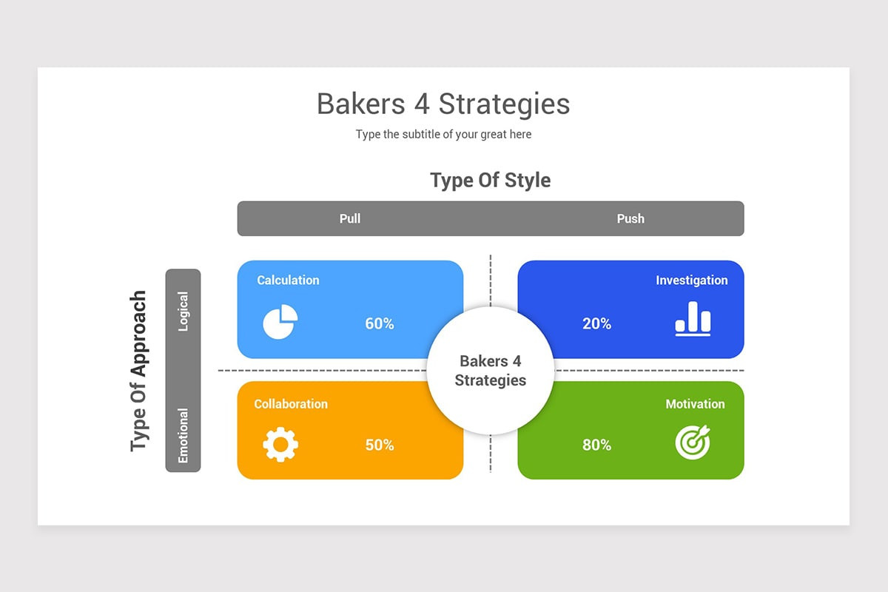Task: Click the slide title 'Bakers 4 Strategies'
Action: point(443,104)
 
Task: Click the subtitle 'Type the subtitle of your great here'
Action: point(443,135)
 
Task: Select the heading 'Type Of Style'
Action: point(490,180)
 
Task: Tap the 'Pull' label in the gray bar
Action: point(350,218)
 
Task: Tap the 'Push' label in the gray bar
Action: point(630,218)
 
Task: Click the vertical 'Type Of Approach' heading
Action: point(138,370)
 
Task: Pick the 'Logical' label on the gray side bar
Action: point(183,311)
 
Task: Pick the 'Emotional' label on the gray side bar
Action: point(183,436)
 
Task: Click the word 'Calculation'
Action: point(288,280)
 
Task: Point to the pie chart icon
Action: point(280,322)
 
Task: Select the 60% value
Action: point(379,324)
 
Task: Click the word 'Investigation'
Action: point(691,280)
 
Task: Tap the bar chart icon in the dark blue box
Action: point(693,318)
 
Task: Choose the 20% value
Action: point(596,324)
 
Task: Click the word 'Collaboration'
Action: point(291,404)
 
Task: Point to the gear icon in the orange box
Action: point(280,445)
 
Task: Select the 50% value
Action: point(379,445)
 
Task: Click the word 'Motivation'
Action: point(695,404)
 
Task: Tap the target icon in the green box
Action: point(693,442)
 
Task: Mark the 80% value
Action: point(596,445)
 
